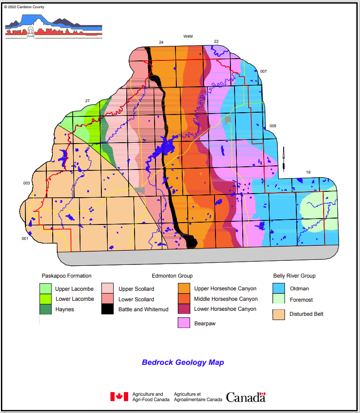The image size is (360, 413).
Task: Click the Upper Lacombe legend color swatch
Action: click(x=45, y=288)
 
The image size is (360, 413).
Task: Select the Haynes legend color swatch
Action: click(x=45, y=309)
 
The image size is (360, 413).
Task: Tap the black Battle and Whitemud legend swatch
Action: click(x=107, y=309)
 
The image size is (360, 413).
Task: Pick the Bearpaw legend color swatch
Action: click(x=184, y=323)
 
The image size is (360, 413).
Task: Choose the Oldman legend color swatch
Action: click(x=279, y=288)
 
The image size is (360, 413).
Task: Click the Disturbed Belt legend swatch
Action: click(x=279, y=313)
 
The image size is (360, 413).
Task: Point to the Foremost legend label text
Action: click(x=300, y=300)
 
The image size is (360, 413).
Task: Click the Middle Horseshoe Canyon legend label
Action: click(x=225, y=299)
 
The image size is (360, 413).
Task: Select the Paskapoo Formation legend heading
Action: click(x=66, y=276)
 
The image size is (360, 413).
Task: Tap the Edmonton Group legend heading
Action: click(x=172, y=276)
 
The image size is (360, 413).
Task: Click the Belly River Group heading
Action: click(x=294, y=276)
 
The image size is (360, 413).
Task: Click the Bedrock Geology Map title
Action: click(x=183, y=363)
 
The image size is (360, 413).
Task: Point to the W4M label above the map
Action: click(x=188, y=36)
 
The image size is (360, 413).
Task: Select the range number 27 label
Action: click(x=87, y=101)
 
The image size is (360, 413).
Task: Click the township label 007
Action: click(x=264, y=72)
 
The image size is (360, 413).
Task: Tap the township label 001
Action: click(x=25, y=239)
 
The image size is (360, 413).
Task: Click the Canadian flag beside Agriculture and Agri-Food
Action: click(x=119, y=397)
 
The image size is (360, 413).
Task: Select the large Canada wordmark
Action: click(x=245, y=397)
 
